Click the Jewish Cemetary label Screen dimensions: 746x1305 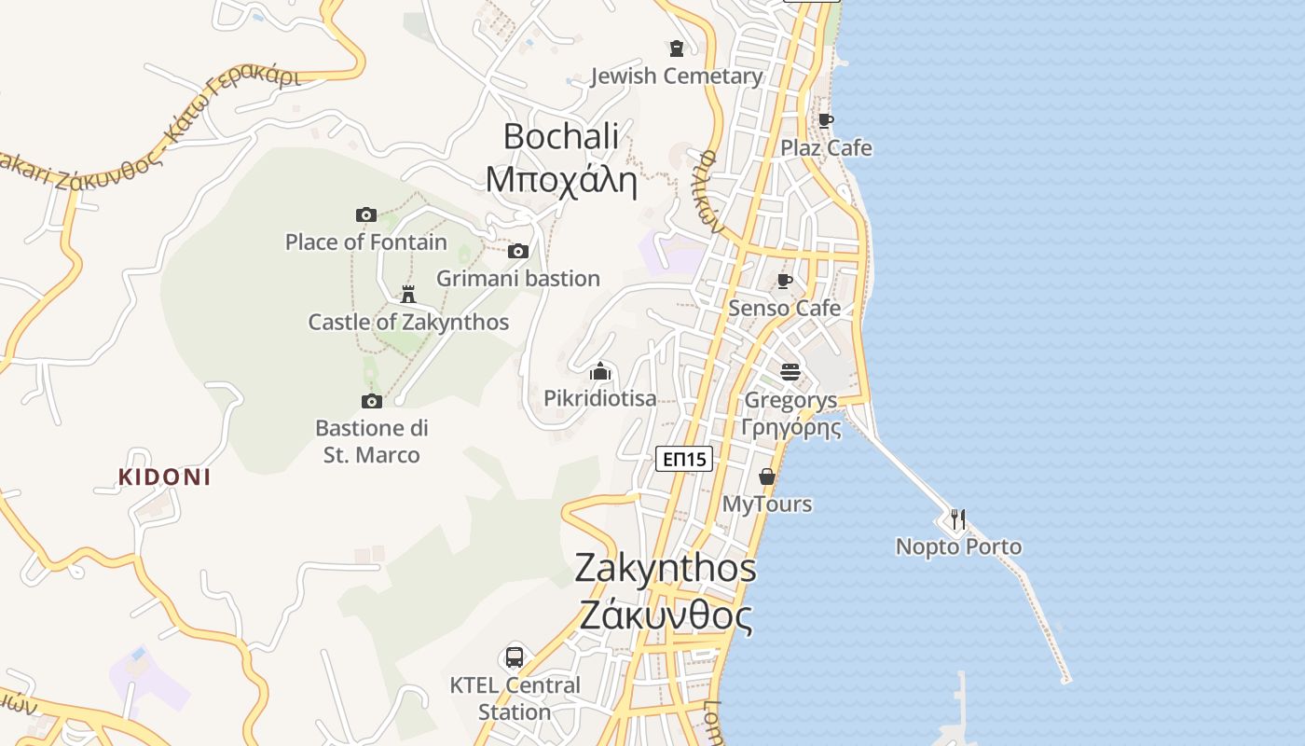coord(677,76)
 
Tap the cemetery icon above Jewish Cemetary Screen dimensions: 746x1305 coord(677,48)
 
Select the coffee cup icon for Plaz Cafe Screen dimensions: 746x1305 coord(825,120)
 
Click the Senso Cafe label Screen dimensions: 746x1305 coord(785,308)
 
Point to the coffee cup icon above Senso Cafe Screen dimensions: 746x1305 coord(785,281)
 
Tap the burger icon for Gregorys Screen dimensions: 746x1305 coord(790,373)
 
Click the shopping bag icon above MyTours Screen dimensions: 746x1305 coord(767,477)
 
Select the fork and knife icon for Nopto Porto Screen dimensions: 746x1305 coord(958,518)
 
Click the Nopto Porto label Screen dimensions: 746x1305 coord(958,546)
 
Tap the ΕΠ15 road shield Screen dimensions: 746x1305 coord(684,459)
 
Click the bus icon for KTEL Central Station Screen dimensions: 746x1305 coord(515,657)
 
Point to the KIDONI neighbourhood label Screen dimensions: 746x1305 coord(164,477)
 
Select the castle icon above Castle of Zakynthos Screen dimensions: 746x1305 coord(407,295)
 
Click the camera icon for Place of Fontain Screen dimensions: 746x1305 coord(366,215)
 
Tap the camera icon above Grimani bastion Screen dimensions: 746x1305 coord(518,251)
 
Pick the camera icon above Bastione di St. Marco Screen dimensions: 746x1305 coord(372,402)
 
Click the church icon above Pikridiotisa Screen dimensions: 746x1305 coord(600,372)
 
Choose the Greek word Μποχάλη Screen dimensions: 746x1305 coord(561,179)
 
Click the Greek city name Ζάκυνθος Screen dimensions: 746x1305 coord(666,615)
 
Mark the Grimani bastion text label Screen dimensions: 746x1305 coord(518,279)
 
